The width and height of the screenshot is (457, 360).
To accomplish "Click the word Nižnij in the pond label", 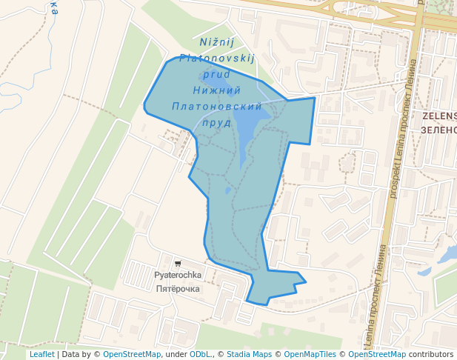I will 217,42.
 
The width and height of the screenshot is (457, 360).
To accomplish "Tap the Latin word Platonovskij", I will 217,58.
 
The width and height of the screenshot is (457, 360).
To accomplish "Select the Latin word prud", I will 216,74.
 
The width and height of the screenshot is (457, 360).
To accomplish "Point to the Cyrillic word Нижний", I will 217,90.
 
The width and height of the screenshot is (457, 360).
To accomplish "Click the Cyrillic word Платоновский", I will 217,107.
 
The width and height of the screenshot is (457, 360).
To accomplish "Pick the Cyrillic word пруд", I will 216,123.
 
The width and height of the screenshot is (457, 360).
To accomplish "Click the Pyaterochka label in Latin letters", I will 178,276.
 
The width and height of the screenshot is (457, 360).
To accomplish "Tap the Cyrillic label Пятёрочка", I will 178,289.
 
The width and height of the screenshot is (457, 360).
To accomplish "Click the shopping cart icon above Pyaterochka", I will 178,263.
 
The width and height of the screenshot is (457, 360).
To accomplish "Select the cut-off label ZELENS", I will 439,116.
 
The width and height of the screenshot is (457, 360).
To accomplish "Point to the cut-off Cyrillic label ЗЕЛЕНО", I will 438,130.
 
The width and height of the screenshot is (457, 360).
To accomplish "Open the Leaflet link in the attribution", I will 41,355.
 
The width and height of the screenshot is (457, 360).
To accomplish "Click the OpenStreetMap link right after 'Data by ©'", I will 132,355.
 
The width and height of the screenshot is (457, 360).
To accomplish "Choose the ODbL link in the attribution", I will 201,355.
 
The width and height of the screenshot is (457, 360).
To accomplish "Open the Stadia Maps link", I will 250,355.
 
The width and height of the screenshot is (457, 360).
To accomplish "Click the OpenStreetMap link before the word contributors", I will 377,355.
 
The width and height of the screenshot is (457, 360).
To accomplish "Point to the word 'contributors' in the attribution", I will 431,355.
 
